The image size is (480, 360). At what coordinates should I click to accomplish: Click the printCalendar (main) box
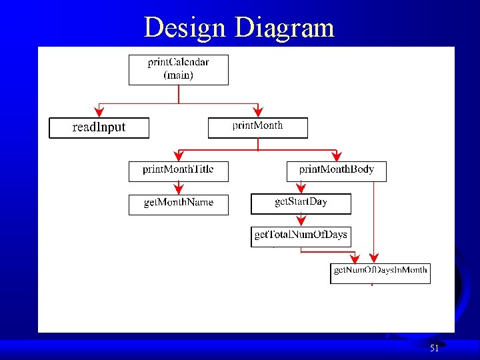pos(178,69)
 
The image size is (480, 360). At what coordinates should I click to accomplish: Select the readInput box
pos(99,127)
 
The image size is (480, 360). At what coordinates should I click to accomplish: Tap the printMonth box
pos(258,127)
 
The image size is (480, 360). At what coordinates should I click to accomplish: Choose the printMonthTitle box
pos(178,171)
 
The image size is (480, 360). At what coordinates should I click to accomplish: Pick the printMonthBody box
pos(336,171)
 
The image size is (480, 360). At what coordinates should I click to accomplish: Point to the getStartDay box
pos(301,203)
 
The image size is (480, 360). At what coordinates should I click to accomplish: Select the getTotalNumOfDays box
pos(301,237)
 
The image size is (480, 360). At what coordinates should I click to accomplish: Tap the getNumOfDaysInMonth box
pos(380,273)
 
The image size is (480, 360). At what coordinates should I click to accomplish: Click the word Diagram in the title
pos(285,27)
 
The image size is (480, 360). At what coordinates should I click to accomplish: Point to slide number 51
pos(434,348)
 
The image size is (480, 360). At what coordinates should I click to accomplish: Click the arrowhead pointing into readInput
pos(99,112)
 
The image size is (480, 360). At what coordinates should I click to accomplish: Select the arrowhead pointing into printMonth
pos(258,112)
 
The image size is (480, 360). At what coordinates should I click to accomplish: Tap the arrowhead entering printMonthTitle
pos(178,156)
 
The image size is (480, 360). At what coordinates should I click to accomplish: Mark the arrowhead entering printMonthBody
pos(336,156)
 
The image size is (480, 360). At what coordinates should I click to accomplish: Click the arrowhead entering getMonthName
pos(178,189)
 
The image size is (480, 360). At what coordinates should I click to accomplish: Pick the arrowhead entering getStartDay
pos(301,189)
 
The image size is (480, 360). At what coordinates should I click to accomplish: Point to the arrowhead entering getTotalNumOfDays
pos(301,222)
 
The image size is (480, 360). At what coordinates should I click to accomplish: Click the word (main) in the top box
pos(178,75)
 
